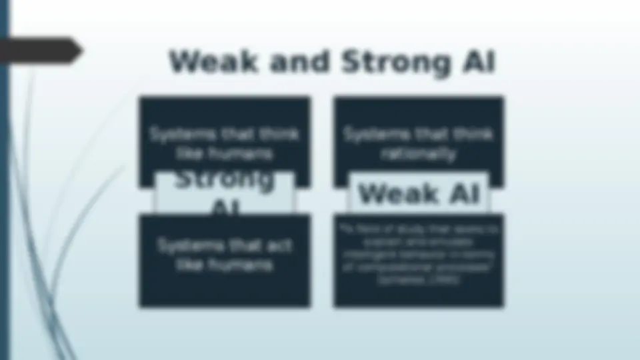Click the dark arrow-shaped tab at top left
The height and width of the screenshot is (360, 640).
(x=40, y=51)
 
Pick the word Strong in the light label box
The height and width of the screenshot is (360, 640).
(x=225, y=179)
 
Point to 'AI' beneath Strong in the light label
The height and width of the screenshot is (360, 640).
(x=225, y=208)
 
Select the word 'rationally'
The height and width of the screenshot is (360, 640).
(x=419, y=154)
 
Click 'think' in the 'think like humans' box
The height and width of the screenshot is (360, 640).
(x=279, y=134)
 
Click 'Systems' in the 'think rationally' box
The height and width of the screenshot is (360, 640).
(x=372, y=134)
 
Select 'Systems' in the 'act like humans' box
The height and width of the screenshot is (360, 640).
(x=186, y=245)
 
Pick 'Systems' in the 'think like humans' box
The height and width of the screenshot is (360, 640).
(x=177, y=134)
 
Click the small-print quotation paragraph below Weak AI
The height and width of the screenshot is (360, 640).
(x=419, y=255)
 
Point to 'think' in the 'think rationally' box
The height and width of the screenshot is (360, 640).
(x=473, y=134)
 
